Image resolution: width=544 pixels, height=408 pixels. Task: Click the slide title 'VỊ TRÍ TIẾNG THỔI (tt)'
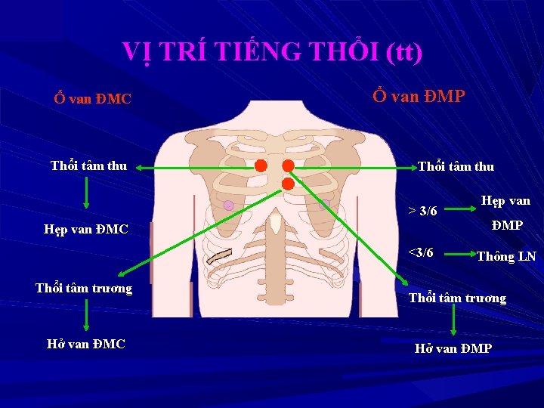(x=272, y=51)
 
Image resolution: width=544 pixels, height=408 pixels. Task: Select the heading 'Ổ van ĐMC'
(x=92, y=99)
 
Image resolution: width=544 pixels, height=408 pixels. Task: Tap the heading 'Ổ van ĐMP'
(x=419, y=96)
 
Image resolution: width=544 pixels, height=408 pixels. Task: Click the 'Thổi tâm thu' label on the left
(x=88, y=165)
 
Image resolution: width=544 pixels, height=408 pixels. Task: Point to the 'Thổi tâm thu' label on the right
(x=456, y=167)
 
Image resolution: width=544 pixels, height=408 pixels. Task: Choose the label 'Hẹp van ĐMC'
(x=86, y=229)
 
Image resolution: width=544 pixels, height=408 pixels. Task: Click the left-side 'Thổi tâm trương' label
(x=84, y=288)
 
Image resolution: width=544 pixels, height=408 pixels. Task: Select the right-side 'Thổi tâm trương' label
(x=457, y=298)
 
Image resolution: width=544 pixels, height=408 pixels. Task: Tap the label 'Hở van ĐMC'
(x=86, y=345)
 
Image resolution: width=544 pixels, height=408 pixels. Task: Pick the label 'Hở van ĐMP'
(x=453, y=348)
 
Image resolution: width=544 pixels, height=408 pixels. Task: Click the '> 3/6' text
(x=423, y=210)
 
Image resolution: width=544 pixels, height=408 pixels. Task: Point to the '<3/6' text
(x=421, y=252)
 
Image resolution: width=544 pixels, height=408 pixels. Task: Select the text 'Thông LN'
(x=506, y=256)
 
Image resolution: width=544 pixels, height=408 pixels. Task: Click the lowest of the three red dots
(x=288, y=184)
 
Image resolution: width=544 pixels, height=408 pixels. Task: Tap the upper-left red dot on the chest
(x=260, y=165)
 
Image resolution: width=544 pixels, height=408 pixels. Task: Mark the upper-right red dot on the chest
(x=288, y=165)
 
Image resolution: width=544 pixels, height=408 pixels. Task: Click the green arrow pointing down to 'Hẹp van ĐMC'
(x=87, y=193)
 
